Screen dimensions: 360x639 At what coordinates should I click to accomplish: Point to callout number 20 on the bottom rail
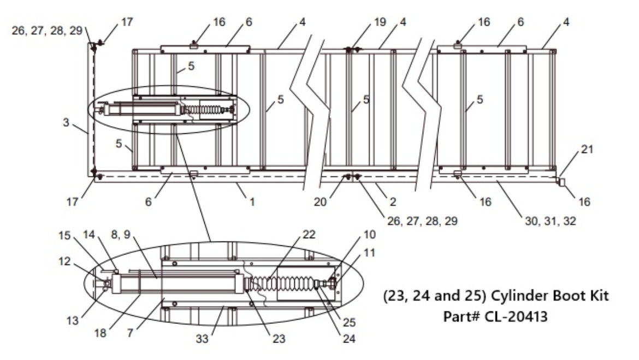(x=320, y=202)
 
